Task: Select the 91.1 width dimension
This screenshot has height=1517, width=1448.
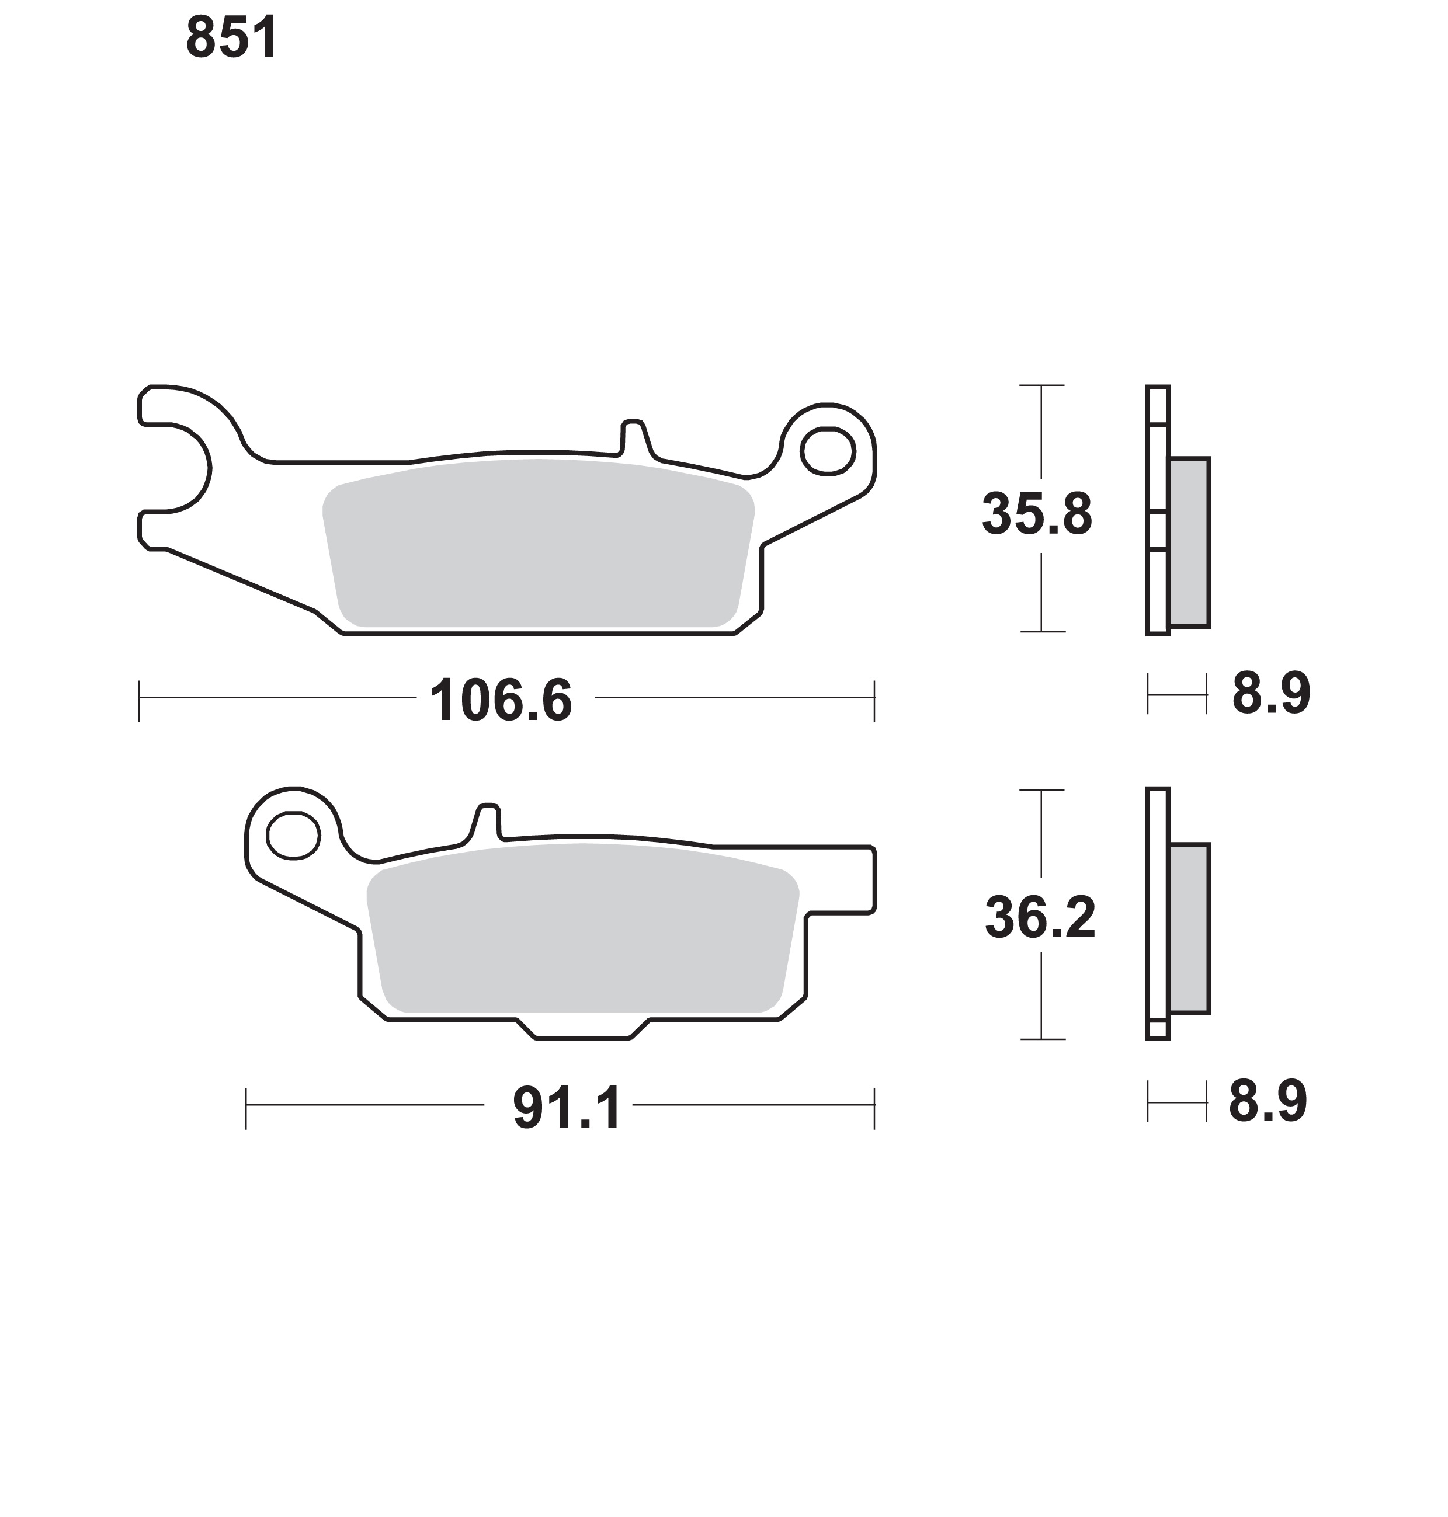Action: (x=567, y=1108)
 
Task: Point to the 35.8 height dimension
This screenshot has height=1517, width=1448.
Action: (x=1037, y=514)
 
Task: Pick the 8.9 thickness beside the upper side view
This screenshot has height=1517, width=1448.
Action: (x=1270, y=693)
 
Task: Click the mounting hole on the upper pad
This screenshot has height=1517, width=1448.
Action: (x=828, y=449)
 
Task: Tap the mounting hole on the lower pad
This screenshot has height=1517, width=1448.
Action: (x=293, y=835)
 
